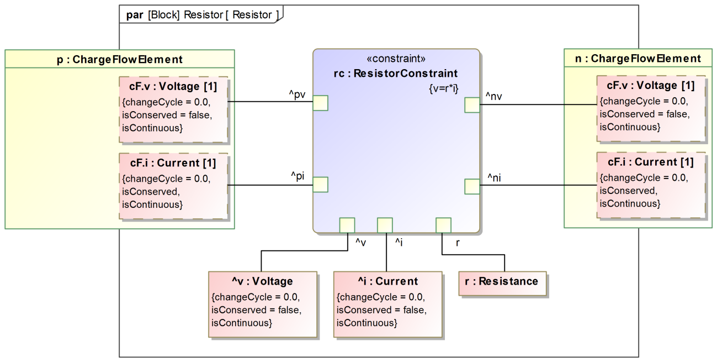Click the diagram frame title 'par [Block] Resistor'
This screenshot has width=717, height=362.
click(199, 15)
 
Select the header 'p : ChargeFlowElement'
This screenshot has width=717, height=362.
click(120, 59)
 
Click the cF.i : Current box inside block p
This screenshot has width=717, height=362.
click(173, 186)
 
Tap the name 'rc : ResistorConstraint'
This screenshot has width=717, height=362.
click(396, 74)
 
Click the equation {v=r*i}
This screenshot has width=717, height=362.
click(442, 87)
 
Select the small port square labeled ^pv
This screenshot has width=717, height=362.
click(321, 103)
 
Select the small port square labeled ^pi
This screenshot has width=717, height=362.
click(321, 185)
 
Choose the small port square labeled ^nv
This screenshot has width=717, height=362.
click(472, 104)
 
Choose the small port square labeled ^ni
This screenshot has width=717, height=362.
click(472, 186)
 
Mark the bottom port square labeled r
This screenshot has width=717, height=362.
click(443, 225)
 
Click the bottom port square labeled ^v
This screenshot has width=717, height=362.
click(347, 225)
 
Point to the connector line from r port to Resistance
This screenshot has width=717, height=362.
click(474, 255)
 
